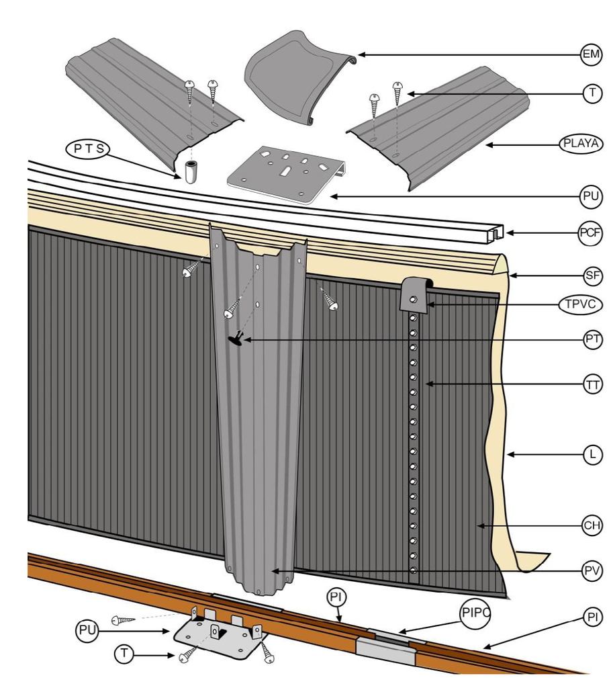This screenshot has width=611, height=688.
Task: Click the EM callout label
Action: [x=590, y=56]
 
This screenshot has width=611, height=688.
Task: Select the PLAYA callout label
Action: [x=581, y=144]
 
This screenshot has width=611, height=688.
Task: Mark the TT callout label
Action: [x=591, y=385]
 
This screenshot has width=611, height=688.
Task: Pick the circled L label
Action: [x=591, y=455]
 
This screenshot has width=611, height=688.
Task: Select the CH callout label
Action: [x=591, y=525]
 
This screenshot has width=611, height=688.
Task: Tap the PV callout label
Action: [x=591, y=570]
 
